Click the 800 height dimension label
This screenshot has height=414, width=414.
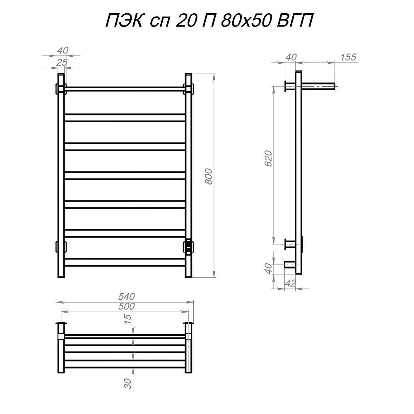209,176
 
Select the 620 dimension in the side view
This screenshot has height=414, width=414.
268,159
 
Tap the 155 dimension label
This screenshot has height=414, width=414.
348,57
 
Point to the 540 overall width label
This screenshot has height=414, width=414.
126,296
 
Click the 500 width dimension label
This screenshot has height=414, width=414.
126,306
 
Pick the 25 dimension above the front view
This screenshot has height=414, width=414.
62,63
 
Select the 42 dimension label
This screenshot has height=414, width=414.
291,283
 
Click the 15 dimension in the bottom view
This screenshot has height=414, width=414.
128,319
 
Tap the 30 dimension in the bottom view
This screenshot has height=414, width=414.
128,383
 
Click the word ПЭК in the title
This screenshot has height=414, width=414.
124,21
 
